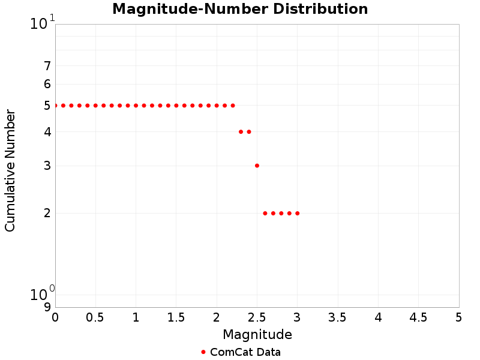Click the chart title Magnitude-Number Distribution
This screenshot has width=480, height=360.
point(240,9)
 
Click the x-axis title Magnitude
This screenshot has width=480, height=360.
point(257,334)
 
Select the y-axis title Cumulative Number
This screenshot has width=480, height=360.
point(10,170)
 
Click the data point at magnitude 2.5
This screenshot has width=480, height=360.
point(257,166)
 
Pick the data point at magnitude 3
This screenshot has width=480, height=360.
point(297,213)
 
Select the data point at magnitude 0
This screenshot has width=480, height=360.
point(55,106)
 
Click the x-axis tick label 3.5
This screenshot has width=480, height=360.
point(338,317)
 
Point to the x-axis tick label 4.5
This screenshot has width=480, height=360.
point(418,317)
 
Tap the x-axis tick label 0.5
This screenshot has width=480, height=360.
point(95,317)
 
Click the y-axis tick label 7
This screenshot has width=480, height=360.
point(47,66)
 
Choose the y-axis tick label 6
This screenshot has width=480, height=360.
point(47,85)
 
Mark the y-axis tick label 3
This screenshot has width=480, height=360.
point(47,166)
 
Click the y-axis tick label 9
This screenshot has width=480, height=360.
point(47,307)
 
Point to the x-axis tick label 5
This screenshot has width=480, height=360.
point(458,317)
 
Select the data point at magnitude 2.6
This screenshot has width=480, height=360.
point(265,213)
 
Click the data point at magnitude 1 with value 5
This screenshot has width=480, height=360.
point(136,106)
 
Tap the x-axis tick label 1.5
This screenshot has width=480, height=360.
point(176,317)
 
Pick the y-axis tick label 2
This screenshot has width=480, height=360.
point(47,213)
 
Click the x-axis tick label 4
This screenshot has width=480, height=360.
point(378,317)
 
